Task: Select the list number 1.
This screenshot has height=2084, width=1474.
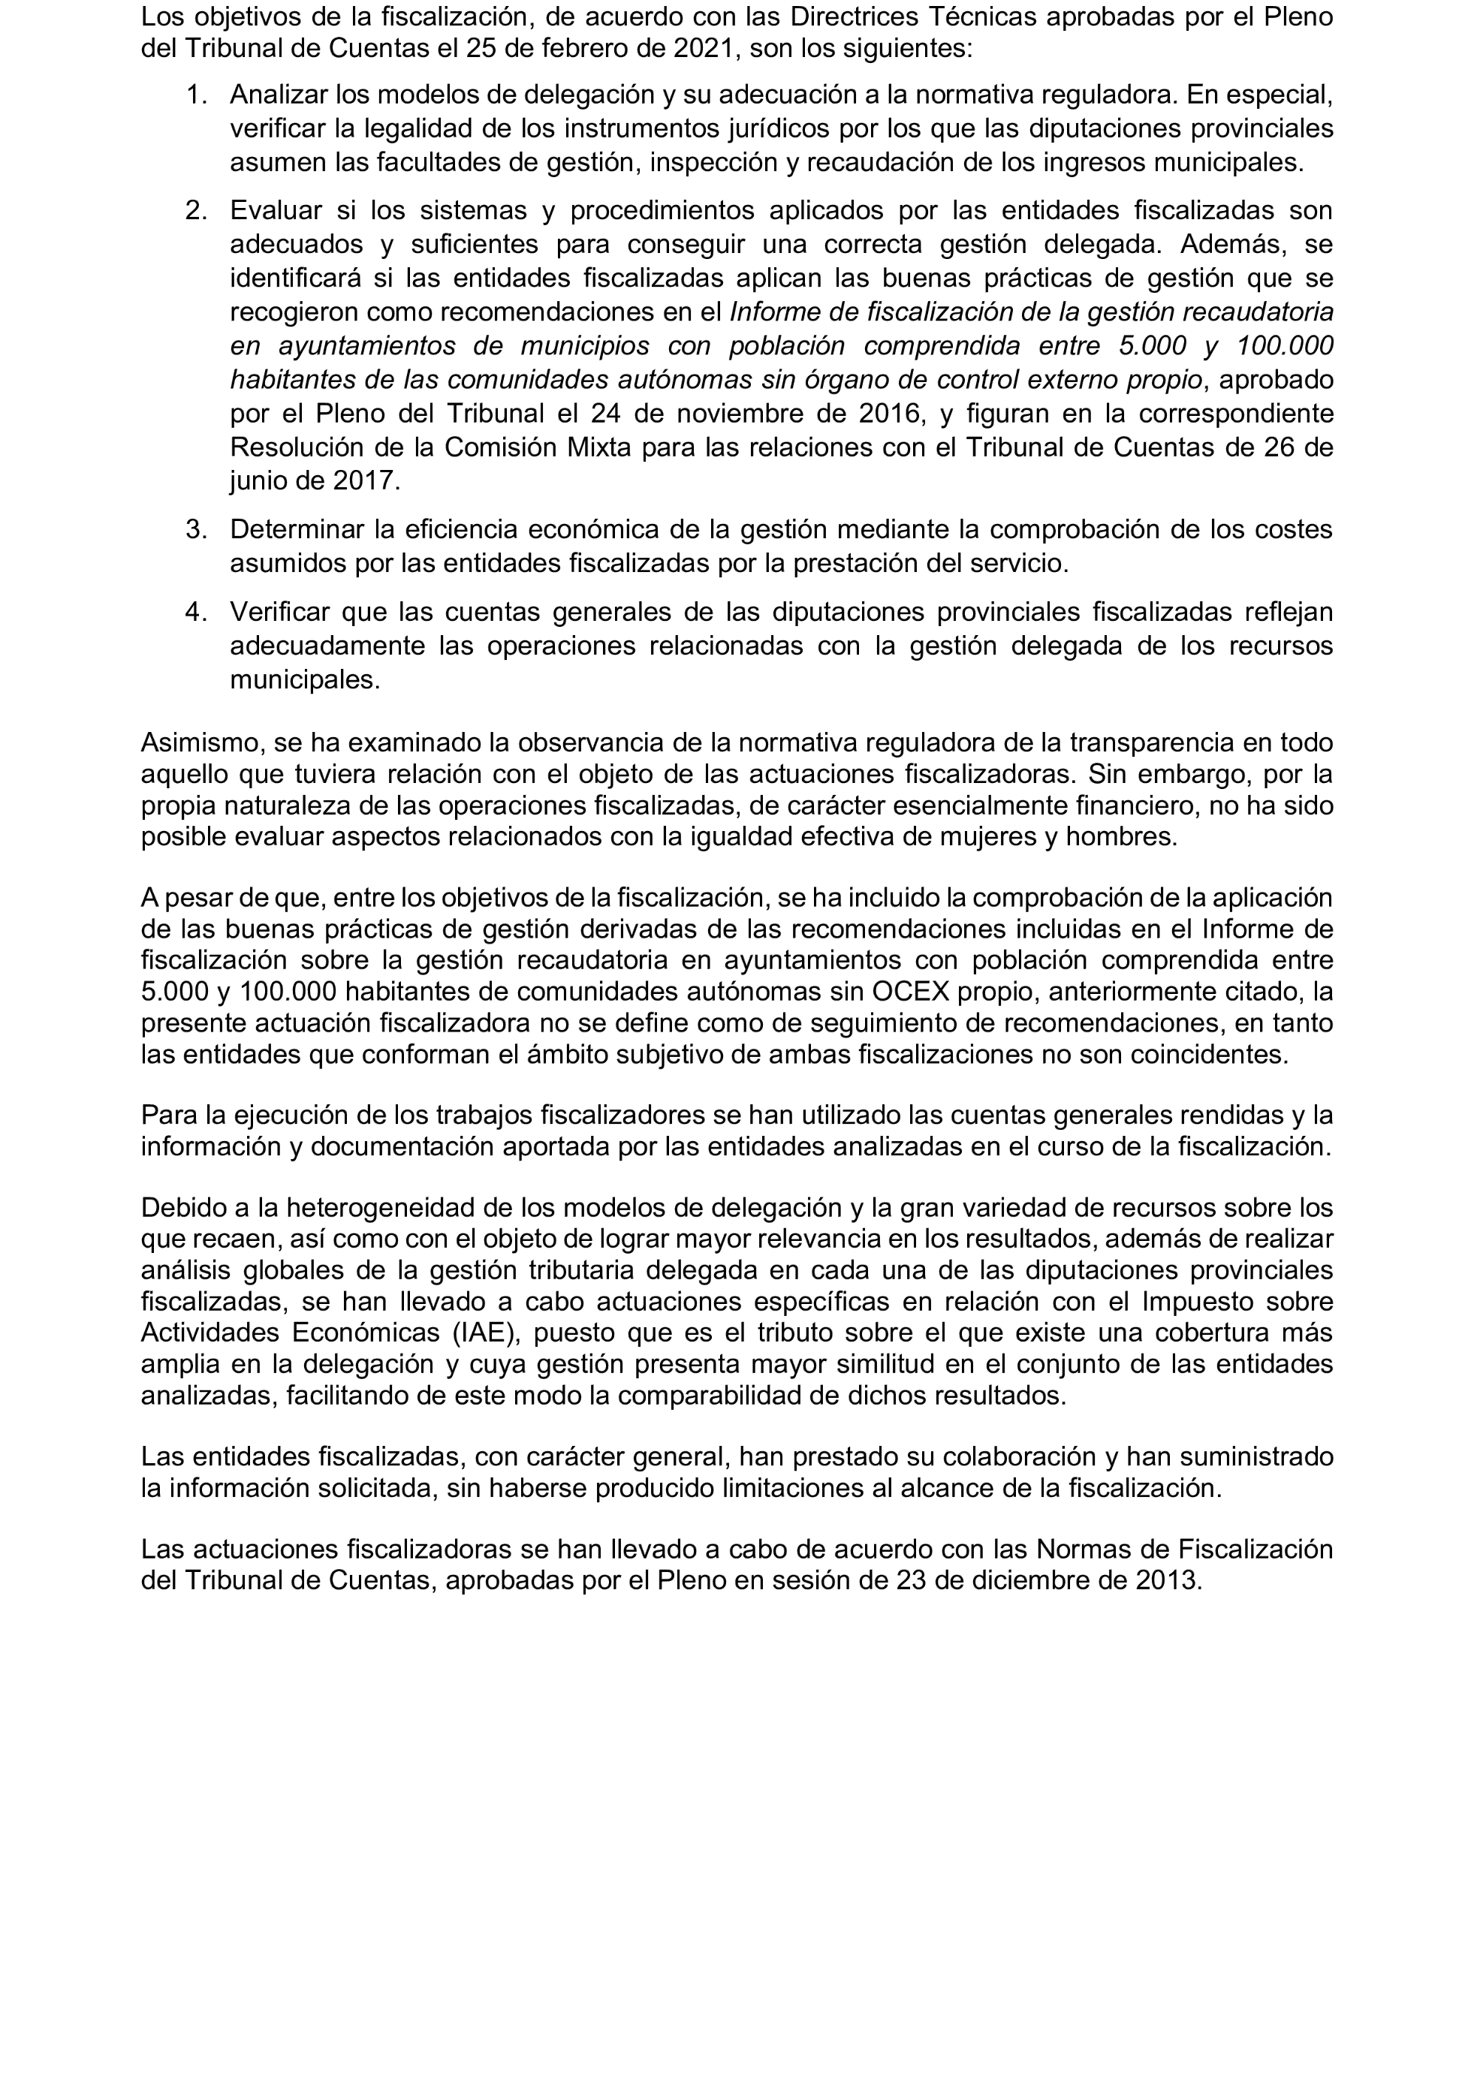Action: pos(195,95)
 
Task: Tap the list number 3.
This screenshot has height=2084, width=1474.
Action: pos(196,529)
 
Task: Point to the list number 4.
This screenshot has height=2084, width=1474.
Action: pos(196,613)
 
